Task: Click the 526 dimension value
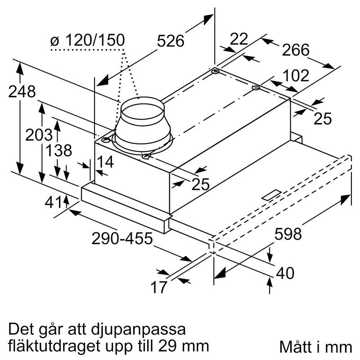click(x=171, y=41)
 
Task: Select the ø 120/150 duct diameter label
click(x=87, y=41)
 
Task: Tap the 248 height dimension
click(x=22, y=92)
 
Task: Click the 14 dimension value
click(x=106, y=162)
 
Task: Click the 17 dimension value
click(x=159, y=286)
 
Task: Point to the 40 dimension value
click(x=284, y=273)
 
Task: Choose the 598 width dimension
click(x=288, y=234)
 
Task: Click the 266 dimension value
click(x=296, y=50)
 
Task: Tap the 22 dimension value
click(x=238, y=39)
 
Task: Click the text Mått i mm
click(x=315, y=347)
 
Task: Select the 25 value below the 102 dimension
click(x=322, y=118)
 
